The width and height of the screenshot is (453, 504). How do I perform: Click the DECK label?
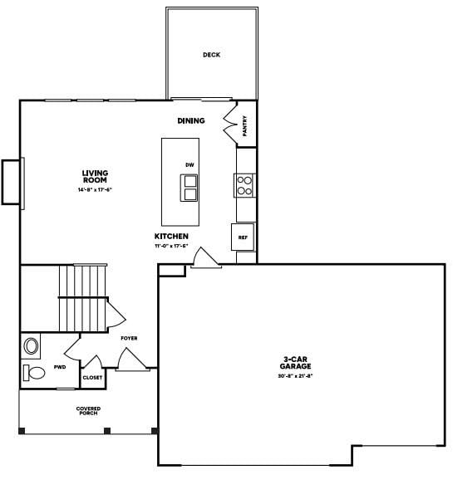click(x=211, y=56)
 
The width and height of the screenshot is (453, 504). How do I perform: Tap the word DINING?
click(x=190, y=120)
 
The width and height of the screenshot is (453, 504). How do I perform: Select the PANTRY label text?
click(x=245, y=125)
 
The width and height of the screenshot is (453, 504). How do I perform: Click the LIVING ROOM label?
click(x=95, y=176)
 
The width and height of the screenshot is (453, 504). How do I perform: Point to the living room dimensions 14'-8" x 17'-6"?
click(x=95, y=190)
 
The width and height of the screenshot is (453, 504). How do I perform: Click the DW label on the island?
click(x=190, y=165)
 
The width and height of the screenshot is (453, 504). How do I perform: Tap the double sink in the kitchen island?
click(x=191, y=188)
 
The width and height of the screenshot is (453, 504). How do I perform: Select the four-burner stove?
click(x=245, y=185)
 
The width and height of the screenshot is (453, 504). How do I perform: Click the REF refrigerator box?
click(x=244, y=237)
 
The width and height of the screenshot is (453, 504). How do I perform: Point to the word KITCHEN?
click(x=171, y=236)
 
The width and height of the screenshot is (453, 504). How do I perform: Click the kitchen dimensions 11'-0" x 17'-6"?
click(x=171, y=246)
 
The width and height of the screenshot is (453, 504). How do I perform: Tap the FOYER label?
click(x=129, y=338)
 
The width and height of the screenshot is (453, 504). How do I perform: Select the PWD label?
click(x=60, y=366)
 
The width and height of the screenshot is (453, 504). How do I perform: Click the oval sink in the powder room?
click(x=32, y=345)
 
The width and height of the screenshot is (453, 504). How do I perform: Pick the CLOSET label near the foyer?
click(x=93, y=378)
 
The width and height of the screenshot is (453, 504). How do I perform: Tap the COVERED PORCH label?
click(x=88, y=411)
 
